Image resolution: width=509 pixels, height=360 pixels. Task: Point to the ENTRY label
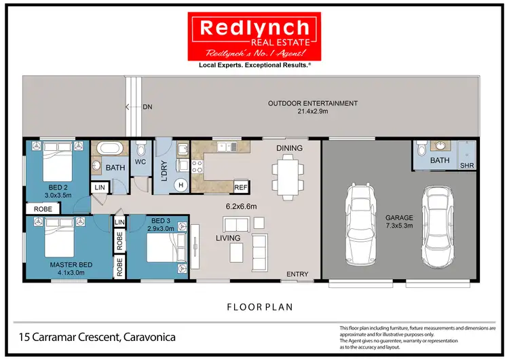[297, 274]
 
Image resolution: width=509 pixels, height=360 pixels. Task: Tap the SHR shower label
[468, 165]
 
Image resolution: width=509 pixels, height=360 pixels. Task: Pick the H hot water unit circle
[182, 183]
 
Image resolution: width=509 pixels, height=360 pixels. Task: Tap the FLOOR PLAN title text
[260, 307]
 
